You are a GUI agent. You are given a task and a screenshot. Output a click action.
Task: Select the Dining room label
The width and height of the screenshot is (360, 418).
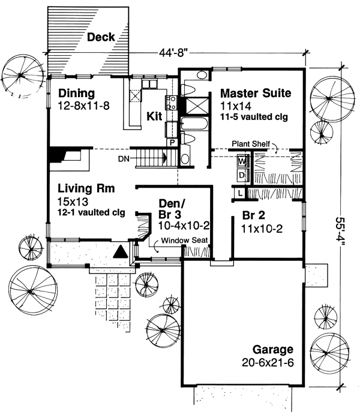pos(77,93)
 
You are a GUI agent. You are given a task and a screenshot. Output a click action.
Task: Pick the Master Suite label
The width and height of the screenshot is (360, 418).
pos(256,93)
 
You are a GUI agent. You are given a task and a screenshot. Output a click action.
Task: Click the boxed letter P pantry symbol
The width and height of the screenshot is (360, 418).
pos(172,143)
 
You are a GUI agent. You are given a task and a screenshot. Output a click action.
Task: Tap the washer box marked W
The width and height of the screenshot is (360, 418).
pos(242,161)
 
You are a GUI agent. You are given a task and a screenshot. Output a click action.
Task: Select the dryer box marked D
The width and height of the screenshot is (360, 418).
pos(242,174)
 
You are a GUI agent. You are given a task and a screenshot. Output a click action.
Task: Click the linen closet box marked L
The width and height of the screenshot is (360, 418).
pos(239,193)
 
